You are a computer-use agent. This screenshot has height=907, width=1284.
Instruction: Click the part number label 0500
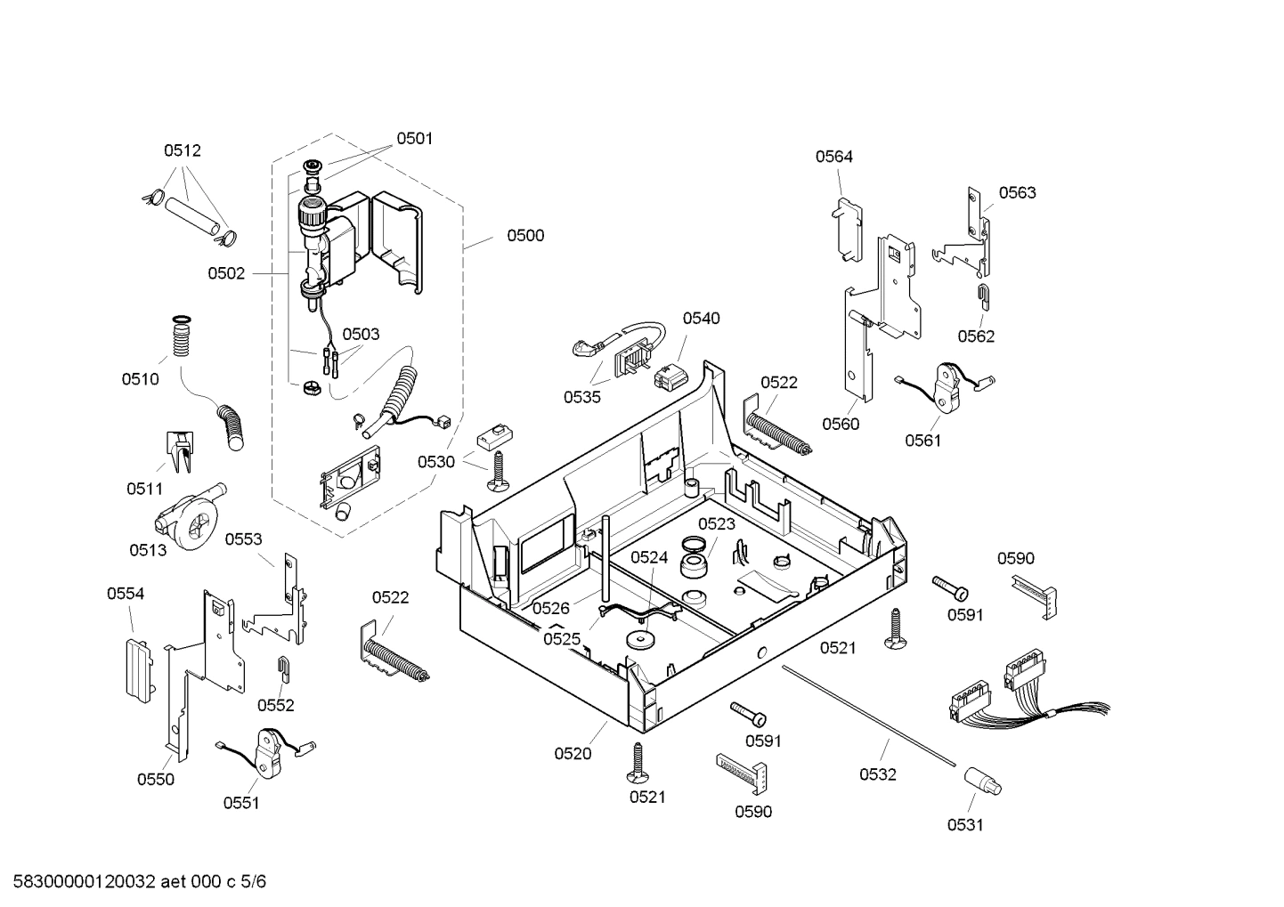click(525, 236)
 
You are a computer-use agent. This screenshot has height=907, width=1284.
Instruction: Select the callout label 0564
click(833, 157)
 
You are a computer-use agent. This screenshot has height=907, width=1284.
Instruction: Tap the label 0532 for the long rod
click(877, 774)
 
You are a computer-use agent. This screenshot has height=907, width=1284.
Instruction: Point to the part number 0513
click(148, 550)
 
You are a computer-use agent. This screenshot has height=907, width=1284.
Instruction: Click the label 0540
click(701, 319)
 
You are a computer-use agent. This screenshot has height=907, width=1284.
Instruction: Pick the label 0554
click(126, 594)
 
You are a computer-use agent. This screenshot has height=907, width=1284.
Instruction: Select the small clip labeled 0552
click(282, 668)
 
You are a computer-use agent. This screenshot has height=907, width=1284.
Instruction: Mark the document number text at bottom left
click(134, 882)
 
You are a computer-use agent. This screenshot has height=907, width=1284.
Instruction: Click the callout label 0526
click(550, 608)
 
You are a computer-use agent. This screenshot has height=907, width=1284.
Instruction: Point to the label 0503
click(361, 335)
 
